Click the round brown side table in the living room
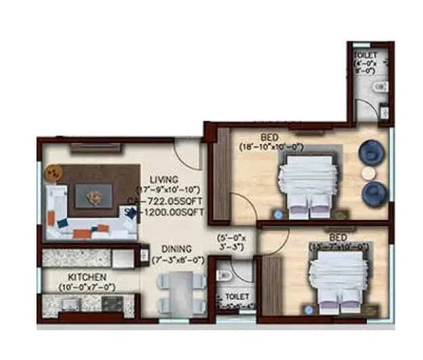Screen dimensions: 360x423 [x=51, y=174]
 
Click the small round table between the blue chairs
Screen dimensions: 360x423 [x=369, y=173]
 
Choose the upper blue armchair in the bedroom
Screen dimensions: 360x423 [x=370, y=152]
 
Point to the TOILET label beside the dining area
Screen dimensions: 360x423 [x=236, y=297]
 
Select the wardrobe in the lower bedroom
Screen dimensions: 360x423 [x=271, y=285]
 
